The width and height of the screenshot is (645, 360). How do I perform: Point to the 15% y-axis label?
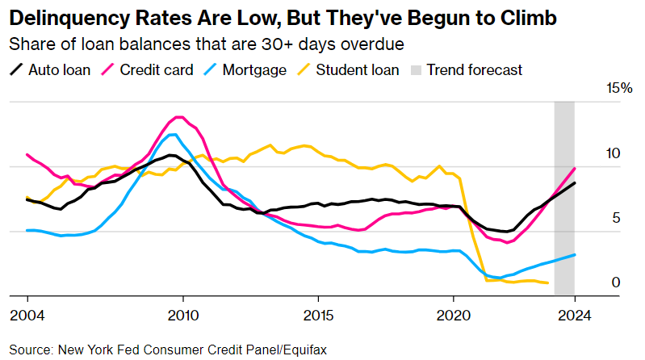pyautogui.click(x=619, y=89)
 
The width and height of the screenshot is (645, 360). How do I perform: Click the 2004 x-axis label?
pyautogui.click(x=27, y=315)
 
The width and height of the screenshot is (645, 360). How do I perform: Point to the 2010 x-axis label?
pyautogui.click(x=182, y=315)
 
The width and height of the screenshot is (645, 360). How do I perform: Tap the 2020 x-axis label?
pyautogui.click(x=454, y=315)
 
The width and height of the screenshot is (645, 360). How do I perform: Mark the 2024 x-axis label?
pyautogui.click(x=575, y=315)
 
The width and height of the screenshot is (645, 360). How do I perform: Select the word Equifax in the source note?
pyautogui.click(x=305, y=350)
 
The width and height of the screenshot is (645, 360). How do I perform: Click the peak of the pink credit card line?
pyautogui.click(x=179, y=117)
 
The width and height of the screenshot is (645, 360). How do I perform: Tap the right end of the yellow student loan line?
pyautogui.click(x=548, y=283)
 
